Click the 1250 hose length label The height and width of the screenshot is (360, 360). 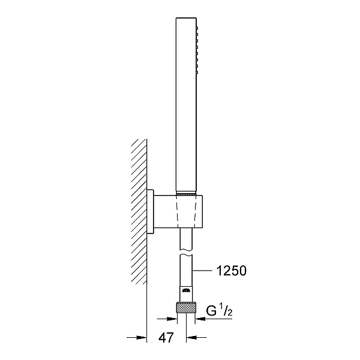point(232,271)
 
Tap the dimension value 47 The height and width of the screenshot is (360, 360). point(166,337)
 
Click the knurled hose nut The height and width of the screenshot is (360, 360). point(186,308)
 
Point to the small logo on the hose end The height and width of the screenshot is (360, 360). point(186,290)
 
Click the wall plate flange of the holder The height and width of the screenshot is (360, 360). point(150,212)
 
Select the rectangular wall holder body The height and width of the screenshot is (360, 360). point(178,211)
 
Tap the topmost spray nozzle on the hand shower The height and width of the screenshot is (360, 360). point(197,28)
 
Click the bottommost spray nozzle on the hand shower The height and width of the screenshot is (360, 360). point(197,73)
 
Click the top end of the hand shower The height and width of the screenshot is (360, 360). point(186,17)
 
